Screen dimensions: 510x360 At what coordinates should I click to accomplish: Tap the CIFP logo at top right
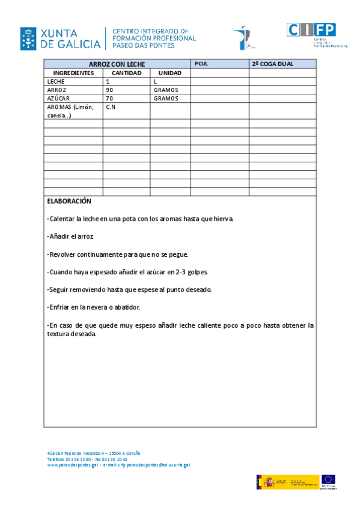(x=311, y=30)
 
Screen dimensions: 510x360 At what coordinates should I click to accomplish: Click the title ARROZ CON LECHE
(x=117, y=64)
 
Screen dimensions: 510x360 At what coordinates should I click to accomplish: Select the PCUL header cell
(x=201, y=64)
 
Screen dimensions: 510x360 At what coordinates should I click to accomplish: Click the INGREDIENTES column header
(x=73, y=73)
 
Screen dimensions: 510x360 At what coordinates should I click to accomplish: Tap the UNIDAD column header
(x=170, y=73)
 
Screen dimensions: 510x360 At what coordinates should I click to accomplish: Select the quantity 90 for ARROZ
(x=109, y=90)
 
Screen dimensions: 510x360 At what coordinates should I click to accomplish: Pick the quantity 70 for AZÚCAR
(x=109, y=98)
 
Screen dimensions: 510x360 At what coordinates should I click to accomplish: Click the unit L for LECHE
(x=155, y=81)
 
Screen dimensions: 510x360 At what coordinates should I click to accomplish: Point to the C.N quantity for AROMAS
(x=111, y=106)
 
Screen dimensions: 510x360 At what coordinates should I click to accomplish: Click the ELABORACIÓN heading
(x=69, y=201)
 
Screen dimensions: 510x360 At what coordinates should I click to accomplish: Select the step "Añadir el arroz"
(x=70, y=236)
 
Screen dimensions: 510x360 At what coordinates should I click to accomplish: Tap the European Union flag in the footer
(x=328, y=480)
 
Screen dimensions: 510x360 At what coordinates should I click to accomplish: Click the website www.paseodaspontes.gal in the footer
(x=72, y=465)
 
